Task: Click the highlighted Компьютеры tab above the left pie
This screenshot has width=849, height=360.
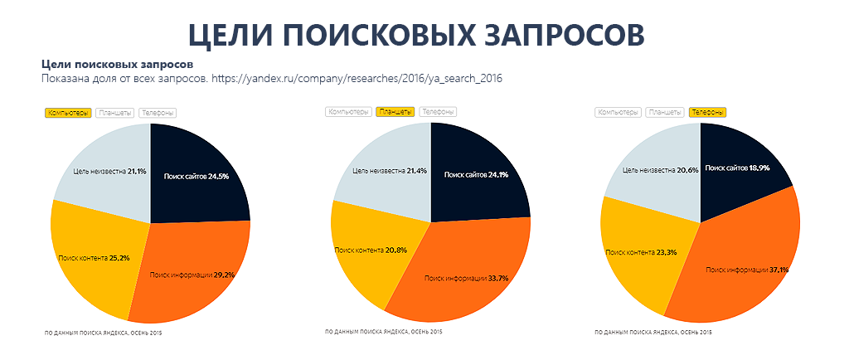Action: coord(67,113)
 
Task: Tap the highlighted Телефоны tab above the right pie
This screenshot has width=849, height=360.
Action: coord(708,112)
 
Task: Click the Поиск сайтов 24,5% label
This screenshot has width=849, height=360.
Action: coord(196,176)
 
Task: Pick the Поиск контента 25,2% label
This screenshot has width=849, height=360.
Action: coord(93,258)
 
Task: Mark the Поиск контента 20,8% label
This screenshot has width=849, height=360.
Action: coord(371,250)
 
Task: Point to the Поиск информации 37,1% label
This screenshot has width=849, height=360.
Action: coord(747,270)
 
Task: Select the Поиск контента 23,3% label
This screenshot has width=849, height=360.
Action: coord(642,251)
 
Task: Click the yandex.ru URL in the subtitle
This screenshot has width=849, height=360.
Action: coord(357,79)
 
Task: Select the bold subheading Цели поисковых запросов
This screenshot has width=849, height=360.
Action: coord(117,64)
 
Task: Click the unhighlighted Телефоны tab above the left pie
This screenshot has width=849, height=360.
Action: coord(158,113)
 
